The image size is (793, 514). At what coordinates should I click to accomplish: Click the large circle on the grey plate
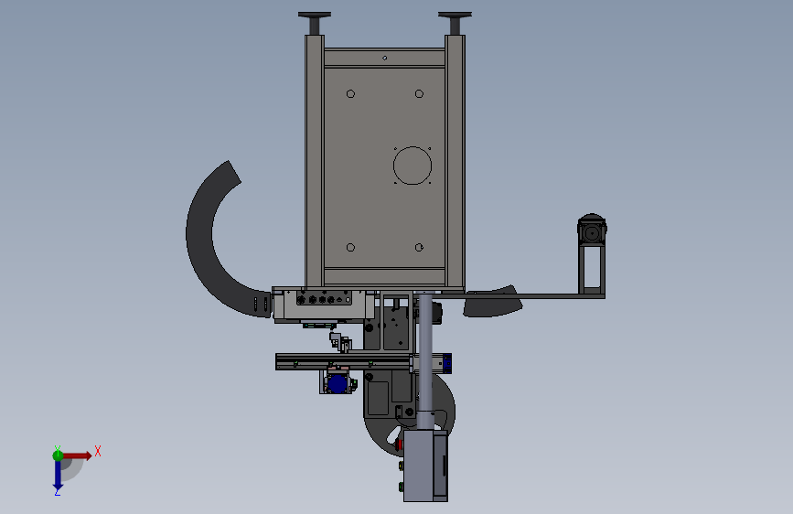coord(413,147)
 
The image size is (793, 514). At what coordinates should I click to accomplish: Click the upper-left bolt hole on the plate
coord(350,93)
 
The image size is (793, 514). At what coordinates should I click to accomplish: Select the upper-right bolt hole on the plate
coord(419,93)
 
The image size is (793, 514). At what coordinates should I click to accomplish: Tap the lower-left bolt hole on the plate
coord(350,247)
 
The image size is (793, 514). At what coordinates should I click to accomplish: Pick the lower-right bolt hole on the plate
coord(419,247)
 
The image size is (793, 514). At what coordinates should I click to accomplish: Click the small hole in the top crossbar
coord(385,59)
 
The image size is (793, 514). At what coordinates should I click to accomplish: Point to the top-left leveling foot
coord(315,22)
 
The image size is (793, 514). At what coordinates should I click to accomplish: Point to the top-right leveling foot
coord(455,22)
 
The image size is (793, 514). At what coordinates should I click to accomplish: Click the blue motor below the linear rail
coord(338,383)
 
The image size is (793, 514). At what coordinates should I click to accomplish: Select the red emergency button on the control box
coord(399,444)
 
